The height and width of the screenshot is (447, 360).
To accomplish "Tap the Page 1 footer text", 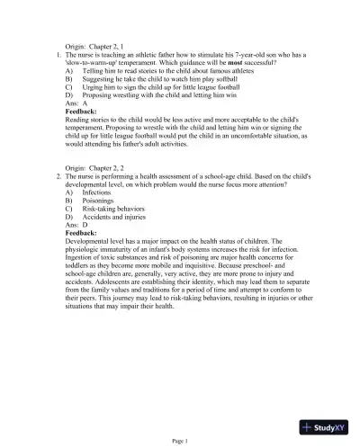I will [179, 441].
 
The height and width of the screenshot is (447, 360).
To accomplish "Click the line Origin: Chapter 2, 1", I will [101, 44].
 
